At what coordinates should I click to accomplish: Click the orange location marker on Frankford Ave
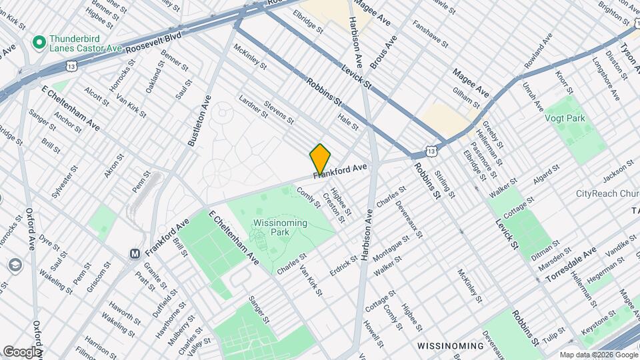320,159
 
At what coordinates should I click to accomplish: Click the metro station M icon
135,253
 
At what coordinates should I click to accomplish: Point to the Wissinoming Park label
280,228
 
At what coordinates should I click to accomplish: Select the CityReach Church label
607,194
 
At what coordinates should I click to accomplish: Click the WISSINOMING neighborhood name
450,346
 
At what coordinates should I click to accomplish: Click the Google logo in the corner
21,351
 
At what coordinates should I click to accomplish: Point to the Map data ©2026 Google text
597,355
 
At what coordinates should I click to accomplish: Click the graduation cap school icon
15,265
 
